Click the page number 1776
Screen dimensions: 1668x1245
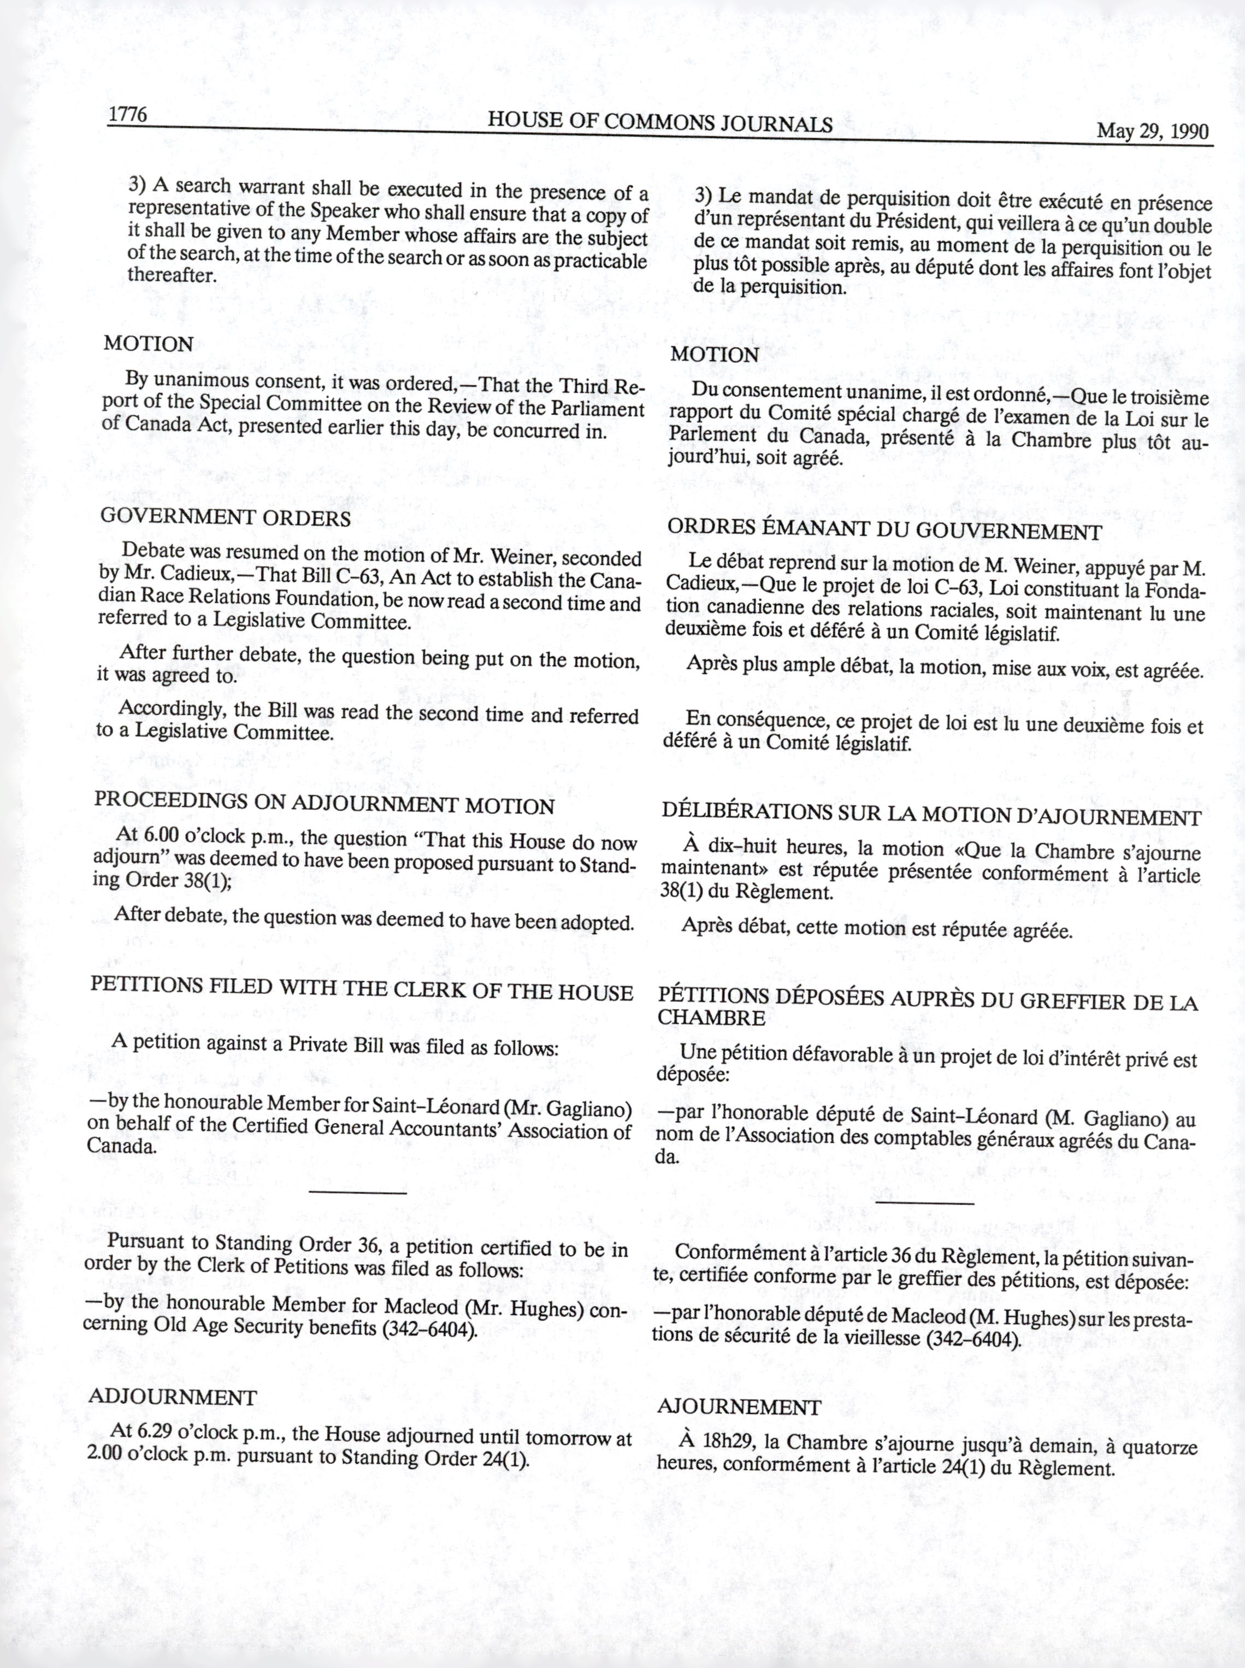pyautogui.click(x=127, y=115)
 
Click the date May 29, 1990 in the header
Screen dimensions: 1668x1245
pyautogui.click(x=1152, y=131)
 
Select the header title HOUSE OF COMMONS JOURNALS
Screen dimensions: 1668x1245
pyautogui.click(x=659, y=122)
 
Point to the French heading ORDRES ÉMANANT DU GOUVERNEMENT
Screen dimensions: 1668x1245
pyautogui.click(x=884, y=530)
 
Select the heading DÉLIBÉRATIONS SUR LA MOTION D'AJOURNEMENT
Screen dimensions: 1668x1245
pyautogui.click(x=931, y=816)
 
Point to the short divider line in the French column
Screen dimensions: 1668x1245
pyautogui.click(x=926, y=1203)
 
